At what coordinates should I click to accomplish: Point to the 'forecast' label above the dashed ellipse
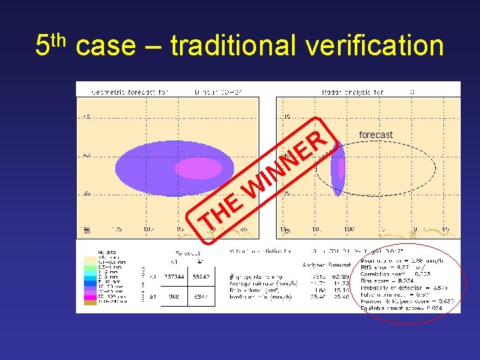375,135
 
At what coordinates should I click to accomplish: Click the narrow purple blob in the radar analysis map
338,169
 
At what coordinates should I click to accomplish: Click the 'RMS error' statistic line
393,266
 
